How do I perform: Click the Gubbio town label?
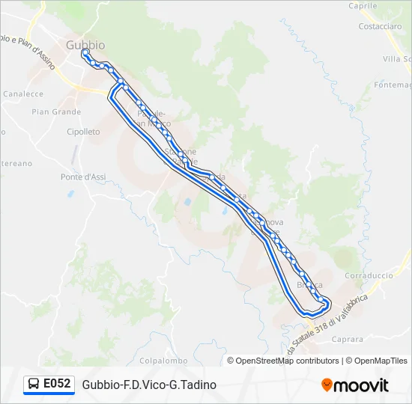pyautogui.click(x=85, y=45)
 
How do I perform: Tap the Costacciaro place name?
pyautogui.click(x=380, y=25)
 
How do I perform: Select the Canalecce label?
pyautogui.click(x=22, y=94)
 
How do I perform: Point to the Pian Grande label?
pyautogui.click(x=56, y=112)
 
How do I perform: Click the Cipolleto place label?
pyautogui.click(x=83, y=132)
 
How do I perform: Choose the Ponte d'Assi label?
pyautogui.click(x=82, y=177)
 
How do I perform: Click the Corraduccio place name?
pyautogui.click(x=369, y=275)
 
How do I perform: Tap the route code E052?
pyautogui.click(x=57, y=384)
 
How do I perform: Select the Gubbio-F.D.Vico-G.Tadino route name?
pyautogui.click(x=149, y=385)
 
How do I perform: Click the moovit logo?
pyautogui.click(x=355, y=385)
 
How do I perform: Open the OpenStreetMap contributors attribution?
pyautogui.click(x=283, y=361)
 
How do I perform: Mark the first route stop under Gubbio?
pyautogui.click(x=85, y=52)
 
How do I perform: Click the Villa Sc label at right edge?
pyautogui.click(x=397, y=59)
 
